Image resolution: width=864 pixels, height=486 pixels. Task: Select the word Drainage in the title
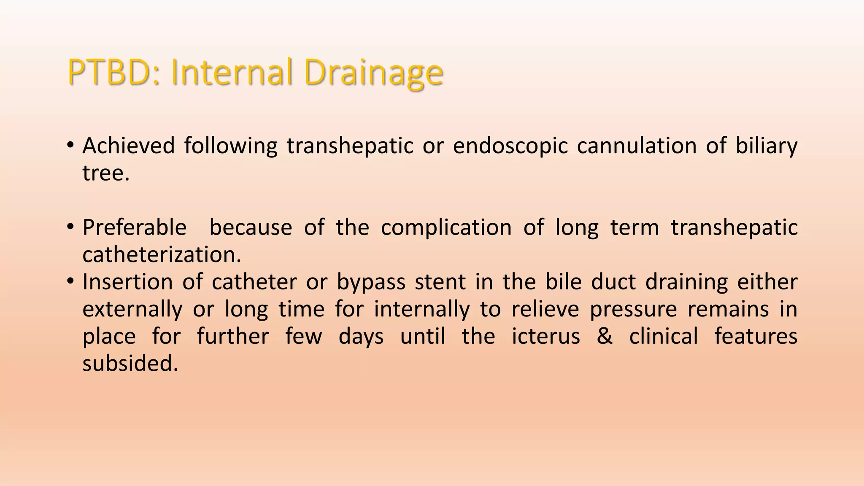[373, 73]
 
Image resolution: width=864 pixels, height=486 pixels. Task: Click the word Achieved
[128, 146]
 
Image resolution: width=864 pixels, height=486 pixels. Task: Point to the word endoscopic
[510, 146]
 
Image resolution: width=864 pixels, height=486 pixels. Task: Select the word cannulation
[637, 146]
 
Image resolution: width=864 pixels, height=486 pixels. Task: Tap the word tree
[105, 173]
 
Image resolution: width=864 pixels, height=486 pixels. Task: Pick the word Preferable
[134, 228]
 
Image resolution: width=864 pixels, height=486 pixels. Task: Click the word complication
[446, 228]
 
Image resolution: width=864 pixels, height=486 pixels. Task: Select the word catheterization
[162, 255]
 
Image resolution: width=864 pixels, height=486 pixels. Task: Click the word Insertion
[127, 282]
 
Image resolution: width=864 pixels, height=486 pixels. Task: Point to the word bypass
[371, 282]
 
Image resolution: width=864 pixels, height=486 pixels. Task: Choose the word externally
[132, 309]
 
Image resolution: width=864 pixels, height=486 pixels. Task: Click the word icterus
[545, 337]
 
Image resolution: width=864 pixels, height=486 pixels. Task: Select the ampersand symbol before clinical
[605, 337]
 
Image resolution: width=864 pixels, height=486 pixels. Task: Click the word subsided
[130, 364]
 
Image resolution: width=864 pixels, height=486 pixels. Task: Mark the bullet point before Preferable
[70, 228]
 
